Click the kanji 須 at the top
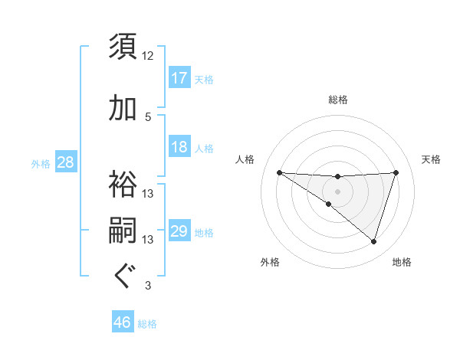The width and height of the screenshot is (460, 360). (x=123, y=47)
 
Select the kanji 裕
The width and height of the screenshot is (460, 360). (x=123, y=184)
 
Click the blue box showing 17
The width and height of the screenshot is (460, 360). (x=179, y=78)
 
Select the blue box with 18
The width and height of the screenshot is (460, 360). (x=179, y=147)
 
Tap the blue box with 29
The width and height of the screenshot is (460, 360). (x=179, y=231)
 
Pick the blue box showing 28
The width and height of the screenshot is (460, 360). (x=65, y=162)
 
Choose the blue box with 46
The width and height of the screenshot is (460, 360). (x=123, y=322)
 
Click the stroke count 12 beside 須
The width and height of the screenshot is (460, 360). (x=148, y=56)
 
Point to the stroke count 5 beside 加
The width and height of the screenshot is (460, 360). (x=148, y=117)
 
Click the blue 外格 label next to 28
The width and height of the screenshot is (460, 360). (x=41, y=163)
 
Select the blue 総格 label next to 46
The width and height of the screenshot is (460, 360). (x=147, y=323)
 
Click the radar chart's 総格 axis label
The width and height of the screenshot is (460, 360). (x=338, y=100)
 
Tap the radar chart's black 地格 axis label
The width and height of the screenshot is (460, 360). (x=402, y=262)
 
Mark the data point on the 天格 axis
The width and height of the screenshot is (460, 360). (x=396, y=172)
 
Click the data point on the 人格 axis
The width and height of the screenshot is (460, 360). (x=279, y=172)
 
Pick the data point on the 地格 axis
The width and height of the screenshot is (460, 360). (x=373, y=241)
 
